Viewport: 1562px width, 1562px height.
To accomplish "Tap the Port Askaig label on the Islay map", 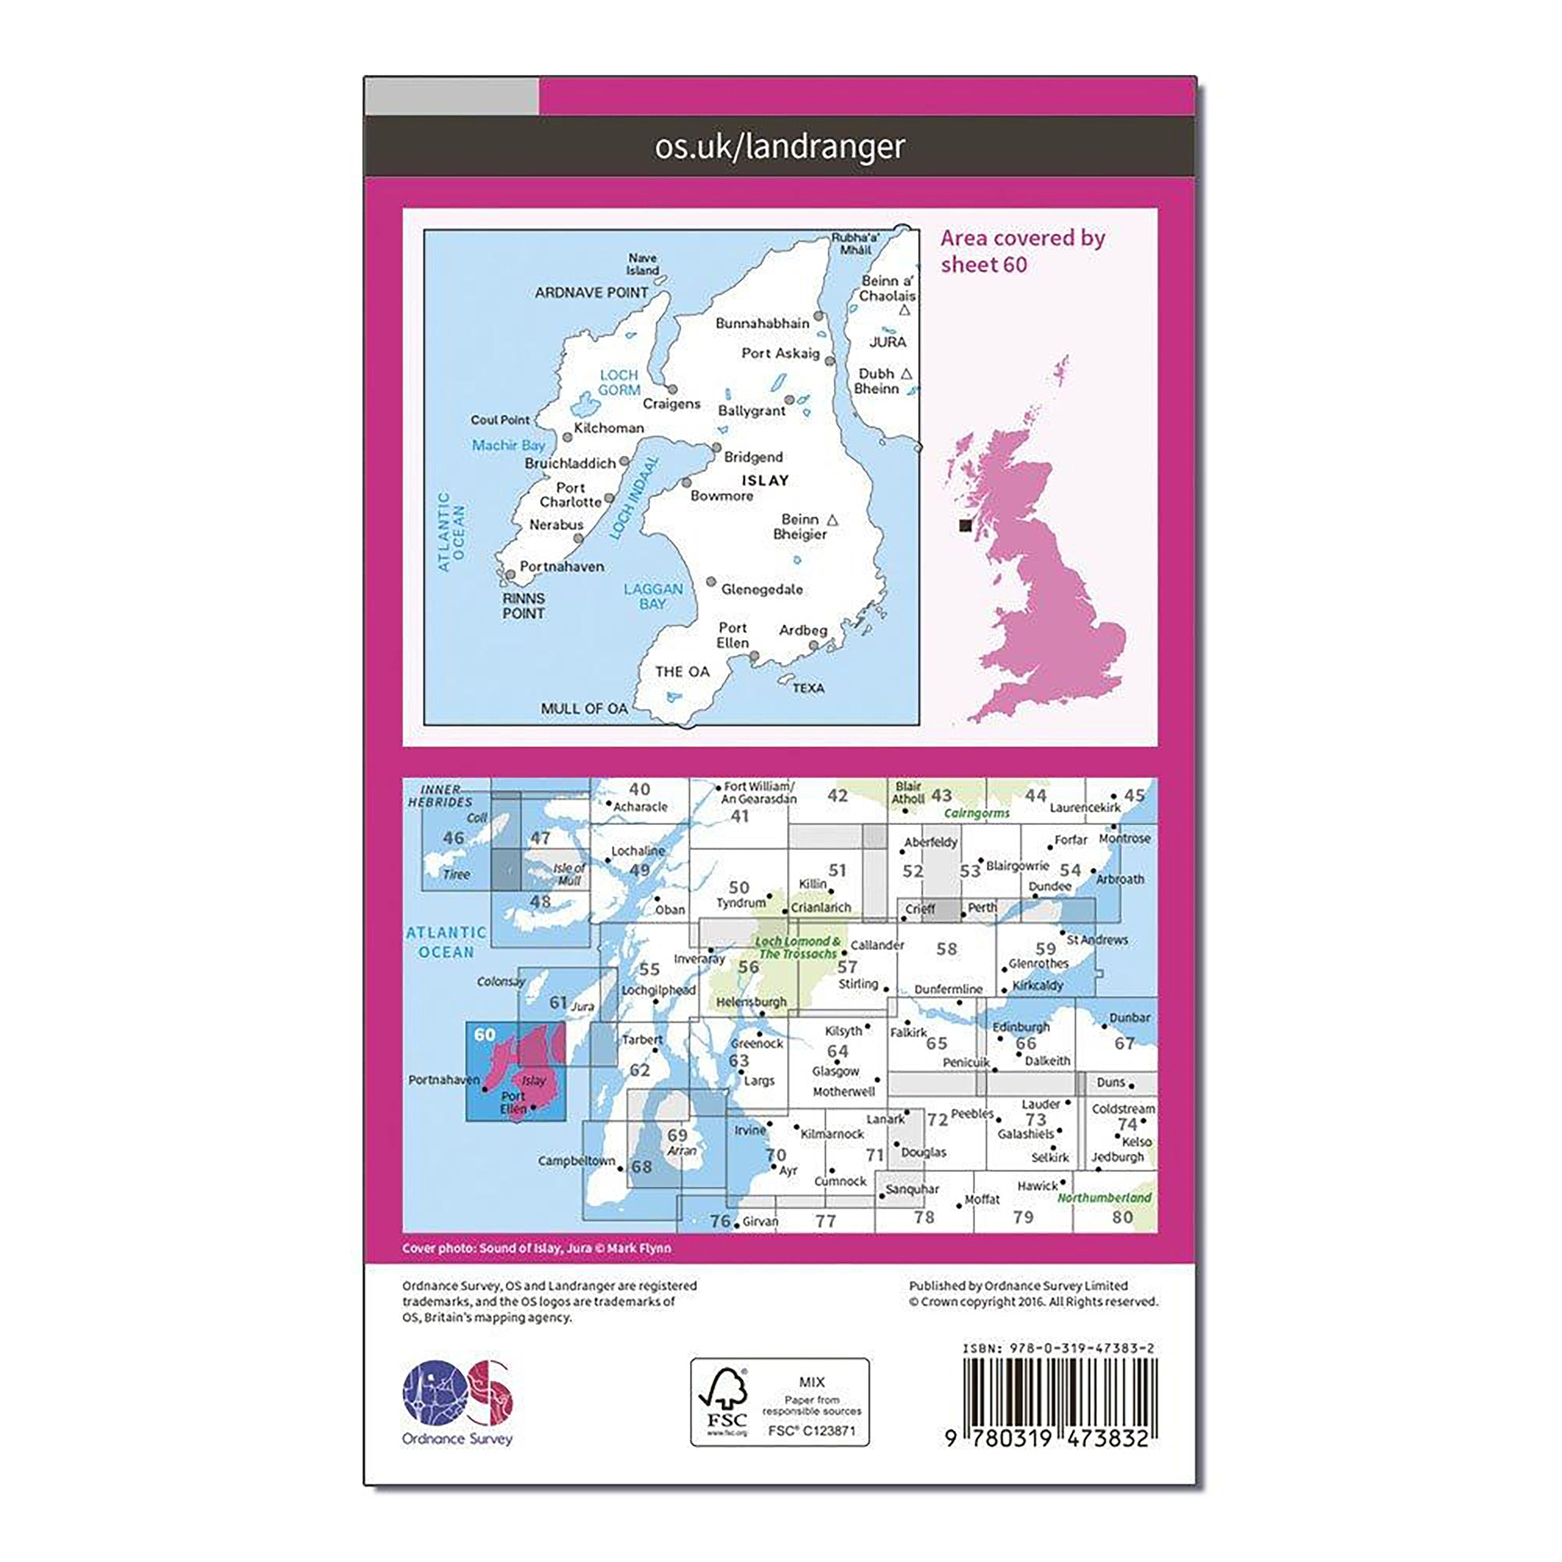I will pos(780,353).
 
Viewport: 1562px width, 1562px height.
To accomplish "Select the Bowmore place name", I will pos(721,496).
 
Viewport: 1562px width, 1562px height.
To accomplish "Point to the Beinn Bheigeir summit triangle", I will pos(833,520).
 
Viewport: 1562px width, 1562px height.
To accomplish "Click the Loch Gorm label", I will pos(619,382).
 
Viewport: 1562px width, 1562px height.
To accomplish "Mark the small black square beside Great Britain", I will pos(965,526).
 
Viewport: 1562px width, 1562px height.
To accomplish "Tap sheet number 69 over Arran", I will pos(678,1135).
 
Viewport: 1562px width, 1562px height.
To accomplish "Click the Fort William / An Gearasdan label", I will pos(758,792).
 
